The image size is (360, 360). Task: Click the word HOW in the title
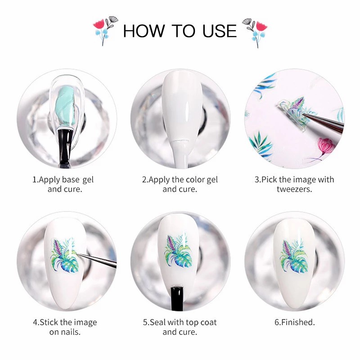point(144,31)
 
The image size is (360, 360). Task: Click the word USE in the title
point(219,31)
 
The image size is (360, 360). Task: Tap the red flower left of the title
point(99,24)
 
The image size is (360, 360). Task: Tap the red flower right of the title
point(261,26)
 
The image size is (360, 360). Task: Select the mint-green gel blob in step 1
point(66,108)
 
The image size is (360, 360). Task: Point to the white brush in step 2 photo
point(181,153)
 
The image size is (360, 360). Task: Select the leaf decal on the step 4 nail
point(64,254)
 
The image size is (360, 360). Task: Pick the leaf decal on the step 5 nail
point(178,251)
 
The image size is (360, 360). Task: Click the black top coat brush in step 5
point(177,298)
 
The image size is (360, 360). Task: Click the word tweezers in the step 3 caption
point(294,189)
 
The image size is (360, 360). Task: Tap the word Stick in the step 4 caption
point(49,322)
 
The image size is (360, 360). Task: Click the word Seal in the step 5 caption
point(158,322)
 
